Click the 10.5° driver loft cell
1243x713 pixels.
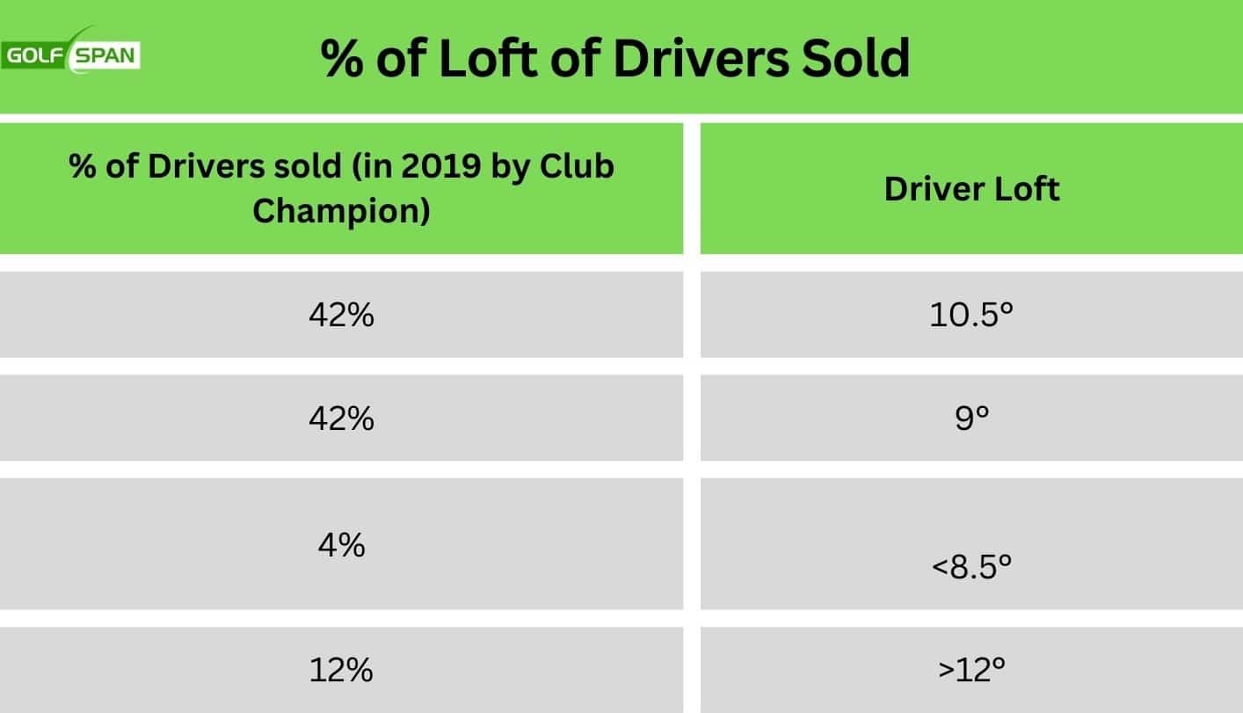tap(971, 315)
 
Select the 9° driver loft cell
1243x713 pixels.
tap(970, 418)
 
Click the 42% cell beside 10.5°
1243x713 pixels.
tap(341, 315)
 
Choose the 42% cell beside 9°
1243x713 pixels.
tap(341, 418)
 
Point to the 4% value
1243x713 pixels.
tap(341, 546)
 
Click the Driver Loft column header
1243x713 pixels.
tap(971, 188)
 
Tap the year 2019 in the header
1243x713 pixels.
tap(426, 166)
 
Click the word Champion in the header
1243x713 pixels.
tap(341, 211)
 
